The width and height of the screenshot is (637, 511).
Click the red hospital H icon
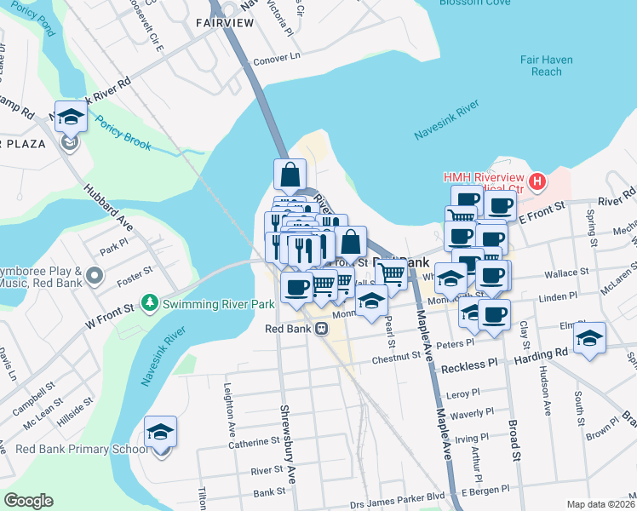[537, 181]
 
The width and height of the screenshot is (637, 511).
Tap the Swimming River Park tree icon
[150, 302]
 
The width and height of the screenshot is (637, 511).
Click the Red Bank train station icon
[321, 329]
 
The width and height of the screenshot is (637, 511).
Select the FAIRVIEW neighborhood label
[224, 22]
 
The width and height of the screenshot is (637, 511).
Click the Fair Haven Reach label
[547, 66]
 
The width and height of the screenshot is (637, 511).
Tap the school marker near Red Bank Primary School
[160, 432]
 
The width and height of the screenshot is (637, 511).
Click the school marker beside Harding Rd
[589, 338]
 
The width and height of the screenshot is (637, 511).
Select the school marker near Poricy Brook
[71, 116]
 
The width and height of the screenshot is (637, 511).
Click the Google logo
[28, 501]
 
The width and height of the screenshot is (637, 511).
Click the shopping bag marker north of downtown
[290, 175]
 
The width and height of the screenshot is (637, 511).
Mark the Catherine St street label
[252, 441]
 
